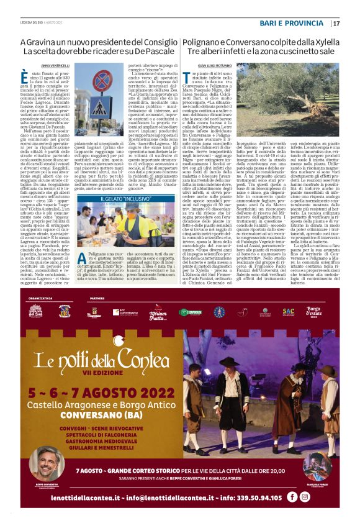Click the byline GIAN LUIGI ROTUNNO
click(202, 65)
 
